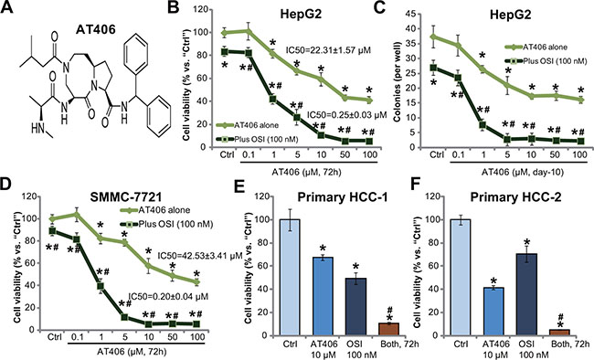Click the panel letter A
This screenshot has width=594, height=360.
point(7,7)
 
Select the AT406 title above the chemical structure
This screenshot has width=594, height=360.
point(96,29)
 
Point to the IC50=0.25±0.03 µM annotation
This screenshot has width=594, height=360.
point(346,114)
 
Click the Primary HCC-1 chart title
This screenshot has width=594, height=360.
point(343,197)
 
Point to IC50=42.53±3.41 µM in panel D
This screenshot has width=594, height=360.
point(199,256)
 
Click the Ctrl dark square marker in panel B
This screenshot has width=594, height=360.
point(225,51)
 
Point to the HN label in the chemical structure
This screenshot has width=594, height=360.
point(37,130)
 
